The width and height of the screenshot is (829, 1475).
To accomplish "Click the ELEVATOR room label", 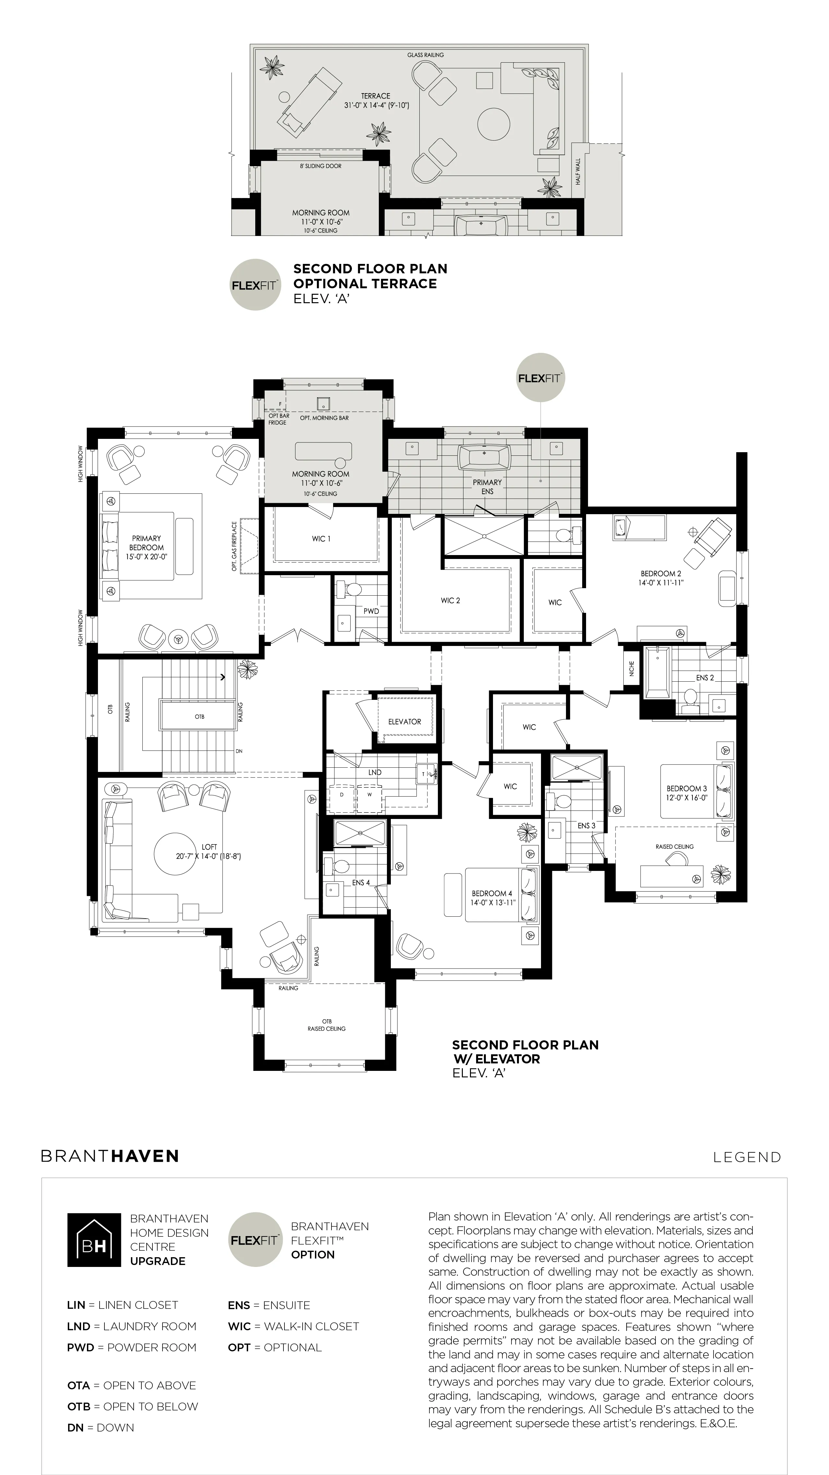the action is (x=404, y=722).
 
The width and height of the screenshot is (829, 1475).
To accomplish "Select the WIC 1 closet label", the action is (x=321, y=539).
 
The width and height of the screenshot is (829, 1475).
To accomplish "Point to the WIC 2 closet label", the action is (x=450, y=601).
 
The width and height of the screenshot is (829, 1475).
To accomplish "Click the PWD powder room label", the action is (x=371, y=611).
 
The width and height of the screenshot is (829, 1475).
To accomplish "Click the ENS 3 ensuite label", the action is (x=586, y=826).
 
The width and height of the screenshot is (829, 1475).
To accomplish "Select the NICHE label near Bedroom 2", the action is (x=631, y=668).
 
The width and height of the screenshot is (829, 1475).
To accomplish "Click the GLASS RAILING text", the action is (x=426, y=55).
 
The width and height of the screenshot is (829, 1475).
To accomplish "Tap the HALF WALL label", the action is (x=578, y=172).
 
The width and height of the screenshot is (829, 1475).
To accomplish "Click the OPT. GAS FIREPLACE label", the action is (x=234, y=546).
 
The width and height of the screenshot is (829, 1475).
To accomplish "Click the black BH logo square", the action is (x=94, y=1240).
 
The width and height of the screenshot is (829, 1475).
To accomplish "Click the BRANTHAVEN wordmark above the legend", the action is (x=110, y=1156).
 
